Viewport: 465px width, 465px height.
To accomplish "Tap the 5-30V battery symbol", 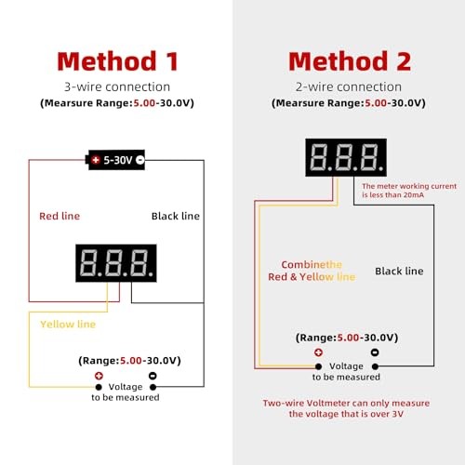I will pos(116,160).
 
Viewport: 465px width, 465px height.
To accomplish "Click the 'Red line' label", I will pos(60,216).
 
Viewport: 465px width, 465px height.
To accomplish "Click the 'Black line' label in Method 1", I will pos(176,216).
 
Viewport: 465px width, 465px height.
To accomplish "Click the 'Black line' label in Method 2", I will pos(399,271).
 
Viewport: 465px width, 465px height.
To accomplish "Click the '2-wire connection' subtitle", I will pos(349,86).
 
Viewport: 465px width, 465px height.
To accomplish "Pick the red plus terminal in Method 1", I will pos(98,376).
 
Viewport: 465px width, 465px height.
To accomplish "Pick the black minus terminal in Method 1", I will pos(153,376).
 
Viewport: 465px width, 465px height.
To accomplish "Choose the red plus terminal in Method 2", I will pos(319,353).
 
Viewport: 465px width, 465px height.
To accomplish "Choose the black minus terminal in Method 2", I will pos(374,353).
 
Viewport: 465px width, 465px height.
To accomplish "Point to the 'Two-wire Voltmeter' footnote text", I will pos(347,409).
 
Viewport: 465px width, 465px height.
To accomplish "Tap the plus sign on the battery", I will pos(95,160).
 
